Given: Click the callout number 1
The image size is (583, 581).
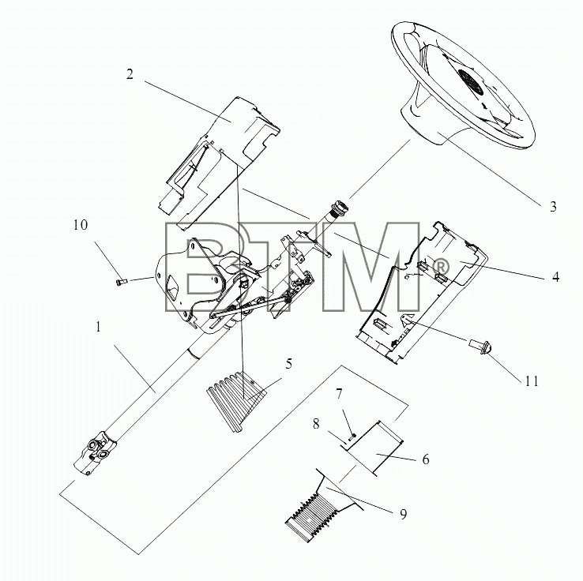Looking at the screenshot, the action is click(98, 328).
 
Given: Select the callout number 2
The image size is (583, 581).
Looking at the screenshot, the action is click(130, 74).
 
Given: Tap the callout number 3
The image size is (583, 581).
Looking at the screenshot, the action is click(553, 207).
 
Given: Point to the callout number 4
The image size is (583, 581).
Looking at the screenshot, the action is click(555, 277).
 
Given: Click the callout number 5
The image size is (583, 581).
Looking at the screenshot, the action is click(289, 364).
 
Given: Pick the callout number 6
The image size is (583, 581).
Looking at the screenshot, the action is click(426, 459).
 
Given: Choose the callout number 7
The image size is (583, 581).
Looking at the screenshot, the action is click(339, 394).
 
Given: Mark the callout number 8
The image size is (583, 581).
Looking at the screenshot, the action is click(316, 424).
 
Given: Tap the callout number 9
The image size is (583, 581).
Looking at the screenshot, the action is click(403, 514).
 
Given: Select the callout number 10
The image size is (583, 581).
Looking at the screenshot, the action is click(81, 225).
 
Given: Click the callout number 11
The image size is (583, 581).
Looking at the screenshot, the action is click(532, 381).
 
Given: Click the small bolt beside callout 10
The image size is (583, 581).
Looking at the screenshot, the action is click(121, 282).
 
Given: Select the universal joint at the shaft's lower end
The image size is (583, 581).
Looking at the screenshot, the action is click(95, 452).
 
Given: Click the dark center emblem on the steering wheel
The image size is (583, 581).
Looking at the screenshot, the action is click(471, 82).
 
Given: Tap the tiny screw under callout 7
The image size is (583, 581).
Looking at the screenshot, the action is click(352, 436).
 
